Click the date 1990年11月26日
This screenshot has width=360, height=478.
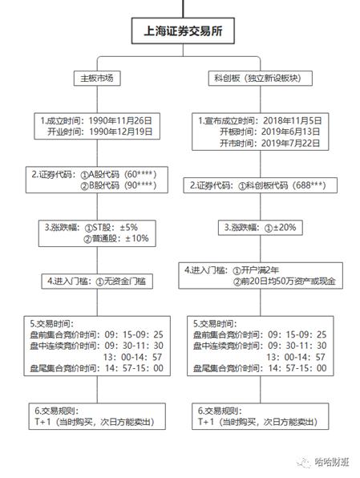(x=127, y=119)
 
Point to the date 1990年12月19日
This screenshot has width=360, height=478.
(x=127, y=131)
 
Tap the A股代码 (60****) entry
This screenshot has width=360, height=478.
(x=125, y=174)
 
